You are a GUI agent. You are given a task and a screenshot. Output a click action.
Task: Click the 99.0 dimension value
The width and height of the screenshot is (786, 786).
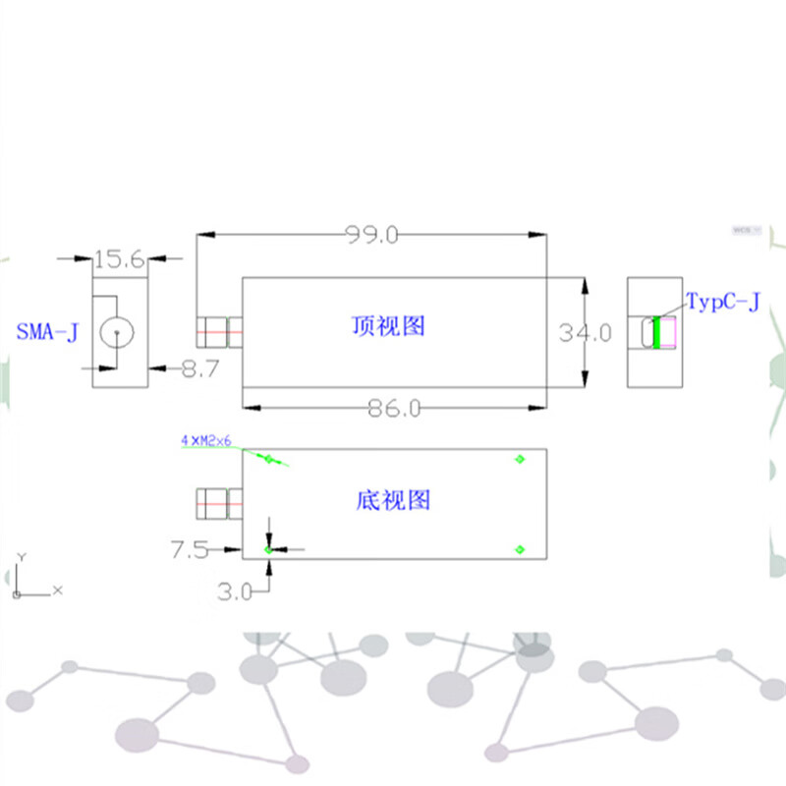point(372,235)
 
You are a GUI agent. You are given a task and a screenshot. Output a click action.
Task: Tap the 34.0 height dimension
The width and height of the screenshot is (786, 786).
point(586,333)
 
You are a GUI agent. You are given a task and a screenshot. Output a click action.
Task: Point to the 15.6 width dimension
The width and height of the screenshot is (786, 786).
point(119,259)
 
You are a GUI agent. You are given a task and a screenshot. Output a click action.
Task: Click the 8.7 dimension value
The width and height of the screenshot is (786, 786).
point(198,369)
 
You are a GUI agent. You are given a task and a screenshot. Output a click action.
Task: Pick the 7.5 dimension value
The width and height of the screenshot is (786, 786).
point(190,550)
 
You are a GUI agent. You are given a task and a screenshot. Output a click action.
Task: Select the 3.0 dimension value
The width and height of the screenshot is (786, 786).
point(235,591)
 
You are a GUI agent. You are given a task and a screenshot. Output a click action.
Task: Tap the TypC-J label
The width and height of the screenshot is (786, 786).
point(722,302)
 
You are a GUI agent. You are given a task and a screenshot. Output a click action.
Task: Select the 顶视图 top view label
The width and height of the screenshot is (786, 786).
point(389,325)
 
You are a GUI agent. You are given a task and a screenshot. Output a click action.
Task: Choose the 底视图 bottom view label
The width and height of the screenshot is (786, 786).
point(392,500)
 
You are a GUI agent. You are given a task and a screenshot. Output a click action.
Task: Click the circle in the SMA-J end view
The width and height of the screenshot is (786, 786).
point(117,334)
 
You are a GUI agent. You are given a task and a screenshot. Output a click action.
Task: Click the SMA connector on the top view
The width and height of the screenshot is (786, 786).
point(220,332)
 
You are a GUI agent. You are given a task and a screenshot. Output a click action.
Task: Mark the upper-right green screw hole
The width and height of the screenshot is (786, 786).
point(520,458)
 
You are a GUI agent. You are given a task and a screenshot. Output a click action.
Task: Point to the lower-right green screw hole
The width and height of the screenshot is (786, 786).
point(520,549)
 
